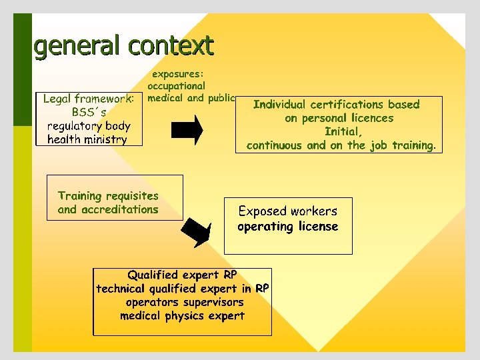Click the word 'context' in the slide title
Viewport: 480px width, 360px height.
[171, 46]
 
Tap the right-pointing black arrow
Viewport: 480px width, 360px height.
[189, 129]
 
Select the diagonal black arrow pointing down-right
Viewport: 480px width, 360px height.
[197, 231]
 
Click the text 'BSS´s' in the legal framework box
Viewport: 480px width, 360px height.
[89, 113]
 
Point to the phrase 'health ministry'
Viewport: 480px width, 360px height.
[87, 140]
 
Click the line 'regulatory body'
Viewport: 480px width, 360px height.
[89, 126]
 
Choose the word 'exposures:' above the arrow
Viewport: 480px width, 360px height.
[178, 74]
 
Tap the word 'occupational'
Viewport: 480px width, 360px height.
[177, 86]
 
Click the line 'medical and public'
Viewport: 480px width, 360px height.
[191, 98]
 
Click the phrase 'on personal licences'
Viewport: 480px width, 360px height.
[339, 118]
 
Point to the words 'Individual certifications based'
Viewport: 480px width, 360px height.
[336, 105]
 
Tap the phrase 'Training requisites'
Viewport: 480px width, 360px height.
[108, 196]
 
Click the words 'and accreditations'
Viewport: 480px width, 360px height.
[108, 209]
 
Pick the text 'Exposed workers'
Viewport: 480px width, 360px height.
[288, 211]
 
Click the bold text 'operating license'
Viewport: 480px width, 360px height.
[288, 227]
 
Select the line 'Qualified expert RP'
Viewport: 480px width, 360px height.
[182, 275]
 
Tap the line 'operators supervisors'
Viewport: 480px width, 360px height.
[185, 302]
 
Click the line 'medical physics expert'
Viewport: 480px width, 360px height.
[182, 316]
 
